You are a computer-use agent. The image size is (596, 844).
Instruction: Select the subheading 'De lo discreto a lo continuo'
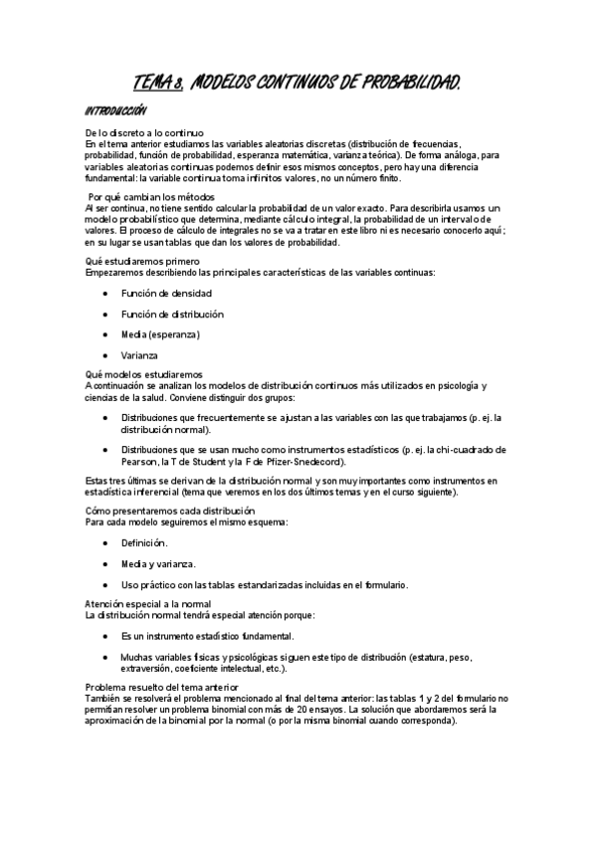pyautogui.click(x=144, y=133)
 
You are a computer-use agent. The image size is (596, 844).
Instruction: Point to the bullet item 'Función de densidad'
pyautogui.click(x=166, y=294)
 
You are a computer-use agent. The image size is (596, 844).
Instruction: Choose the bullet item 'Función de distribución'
pyautogui.click(x=172, y=315)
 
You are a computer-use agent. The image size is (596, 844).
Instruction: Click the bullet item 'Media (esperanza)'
pyautogui.click(x=160, y=334)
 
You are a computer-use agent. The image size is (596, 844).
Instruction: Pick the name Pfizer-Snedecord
pyautogui.click(x=307, y=462)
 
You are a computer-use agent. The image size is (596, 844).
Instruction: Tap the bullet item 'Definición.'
pyautogui.click(x=144, y=543)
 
